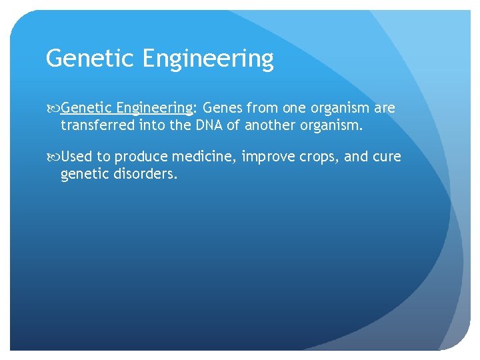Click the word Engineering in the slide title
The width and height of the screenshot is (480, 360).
207,60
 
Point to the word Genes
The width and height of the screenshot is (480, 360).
223,108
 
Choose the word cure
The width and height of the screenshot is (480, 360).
387,157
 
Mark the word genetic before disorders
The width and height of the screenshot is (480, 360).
83,174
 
